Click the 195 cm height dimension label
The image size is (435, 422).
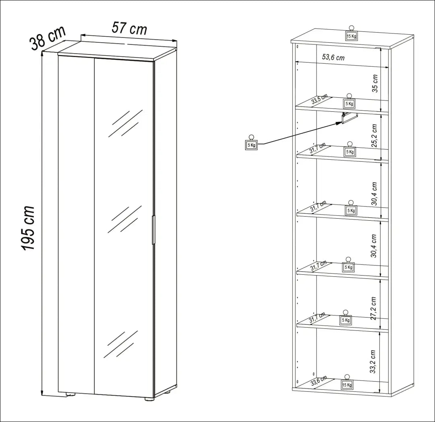(28, 228)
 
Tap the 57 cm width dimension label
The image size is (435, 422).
(129, 28)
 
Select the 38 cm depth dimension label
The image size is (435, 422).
(48, 38)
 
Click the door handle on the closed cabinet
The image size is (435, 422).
(153, 230)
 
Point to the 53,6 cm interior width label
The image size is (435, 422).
(333, 57)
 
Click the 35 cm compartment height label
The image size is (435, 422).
(375, 84)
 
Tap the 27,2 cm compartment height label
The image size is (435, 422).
(373, 308)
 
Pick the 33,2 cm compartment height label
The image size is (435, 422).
(373, 361)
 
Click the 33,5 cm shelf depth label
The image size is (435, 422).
(319, 99)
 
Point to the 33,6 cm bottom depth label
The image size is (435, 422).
(319, 381)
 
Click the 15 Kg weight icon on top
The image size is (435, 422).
(351, 34)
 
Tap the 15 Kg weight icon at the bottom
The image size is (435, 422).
(347, 383)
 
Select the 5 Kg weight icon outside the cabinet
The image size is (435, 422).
(251, 143)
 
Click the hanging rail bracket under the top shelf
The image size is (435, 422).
(349, 118)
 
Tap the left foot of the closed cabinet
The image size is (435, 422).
(70, 394)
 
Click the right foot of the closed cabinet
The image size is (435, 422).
(149, 399)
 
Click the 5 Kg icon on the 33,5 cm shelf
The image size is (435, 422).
(349, 102)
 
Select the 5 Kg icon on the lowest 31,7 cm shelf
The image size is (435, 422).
(346, 318)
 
